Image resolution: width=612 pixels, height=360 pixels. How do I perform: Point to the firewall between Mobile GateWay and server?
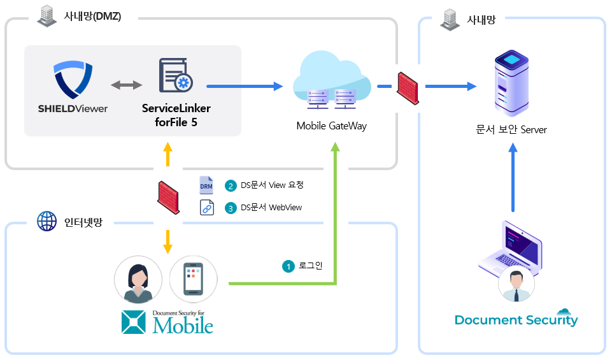coord(408,87)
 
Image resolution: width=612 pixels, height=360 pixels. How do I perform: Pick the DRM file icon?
coord(206,185)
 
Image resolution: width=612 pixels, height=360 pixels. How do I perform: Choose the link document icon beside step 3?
coord(206,208)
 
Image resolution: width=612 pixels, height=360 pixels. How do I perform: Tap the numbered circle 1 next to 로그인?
coord(288,266)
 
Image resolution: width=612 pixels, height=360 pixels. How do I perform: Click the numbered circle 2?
coord(231,185)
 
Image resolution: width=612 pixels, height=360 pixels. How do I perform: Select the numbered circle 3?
coord(231,208)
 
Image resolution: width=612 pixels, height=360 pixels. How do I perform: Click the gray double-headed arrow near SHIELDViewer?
coord(127,85)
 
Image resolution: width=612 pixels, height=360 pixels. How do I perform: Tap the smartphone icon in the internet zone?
coord(193,280)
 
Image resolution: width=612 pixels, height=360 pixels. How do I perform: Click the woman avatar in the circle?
coord(138,280)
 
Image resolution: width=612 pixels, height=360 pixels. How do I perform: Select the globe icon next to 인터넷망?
coord(46,222)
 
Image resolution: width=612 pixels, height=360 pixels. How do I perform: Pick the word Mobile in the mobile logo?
coord(183,325)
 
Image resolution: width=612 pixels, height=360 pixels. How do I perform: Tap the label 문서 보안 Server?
coord(511,129)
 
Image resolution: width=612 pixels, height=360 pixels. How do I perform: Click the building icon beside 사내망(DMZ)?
coord(46,17)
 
